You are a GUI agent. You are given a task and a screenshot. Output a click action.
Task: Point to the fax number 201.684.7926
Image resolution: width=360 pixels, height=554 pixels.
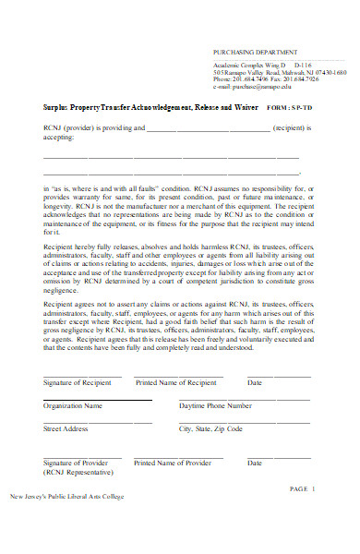[x=314, y=78]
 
